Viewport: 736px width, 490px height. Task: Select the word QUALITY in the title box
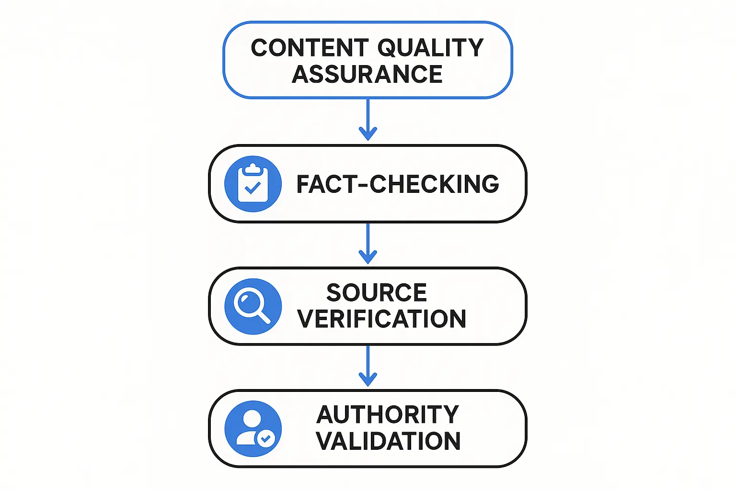click(430, 48)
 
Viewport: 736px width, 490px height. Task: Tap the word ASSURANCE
click(367, 74)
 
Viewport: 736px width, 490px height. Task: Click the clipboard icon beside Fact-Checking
click(253, 184)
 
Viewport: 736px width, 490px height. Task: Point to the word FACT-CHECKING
click(398, 184)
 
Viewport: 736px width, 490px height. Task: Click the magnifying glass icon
click(253, 306)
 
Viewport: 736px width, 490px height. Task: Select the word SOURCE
click(377, 292)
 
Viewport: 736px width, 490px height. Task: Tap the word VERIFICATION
click(381, 319)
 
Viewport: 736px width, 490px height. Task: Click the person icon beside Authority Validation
click(253, 429)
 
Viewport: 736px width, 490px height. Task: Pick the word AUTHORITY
click(388, 414)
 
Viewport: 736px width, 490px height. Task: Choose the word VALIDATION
click(388, 441)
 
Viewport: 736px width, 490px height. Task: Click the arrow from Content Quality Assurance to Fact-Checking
click(368, 120)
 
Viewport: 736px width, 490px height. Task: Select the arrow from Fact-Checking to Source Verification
click(368, 243)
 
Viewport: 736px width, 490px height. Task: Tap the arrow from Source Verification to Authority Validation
click(368, 366)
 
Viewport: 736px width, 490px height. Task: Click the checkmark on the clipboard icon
click(253, 188)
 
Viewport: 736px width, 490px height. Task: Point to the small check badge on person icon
click(265, 438)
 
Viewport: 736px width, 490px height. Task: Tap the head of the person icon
click(252, 419)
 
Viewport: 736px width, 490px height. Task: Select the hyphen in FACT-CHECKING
click(362, 185)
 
